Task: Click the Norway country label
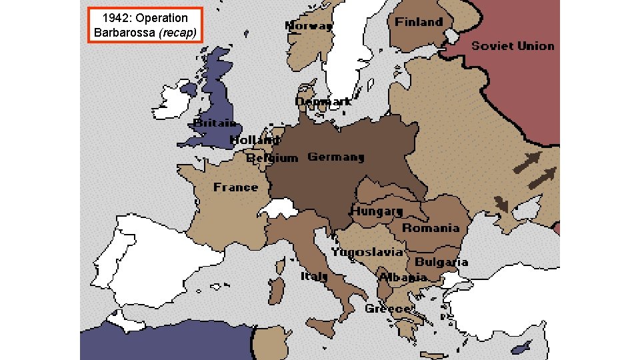[309, 26]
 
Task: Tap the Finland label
[419, 22]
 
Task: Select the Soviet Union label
[513, 46]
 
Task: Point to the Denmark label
[323, 101]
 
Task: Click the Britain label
[215, 123]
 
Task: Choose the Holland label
[255, 140]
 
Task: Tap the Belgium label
[272, 158]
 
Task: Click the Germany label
[336, 157]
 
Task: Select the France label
[235, 187]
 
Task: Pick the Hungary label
[377, 211]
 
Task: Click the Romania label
[431, 228]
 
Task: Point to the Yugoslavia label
[367, 252]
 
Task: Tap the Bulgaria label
[441, 262]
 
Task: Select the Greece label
[387, 309]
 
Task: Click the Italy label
[313, 276]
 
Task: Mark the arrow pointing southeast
[501, 205]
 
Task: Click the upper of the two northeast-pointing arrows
[527, 162]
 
